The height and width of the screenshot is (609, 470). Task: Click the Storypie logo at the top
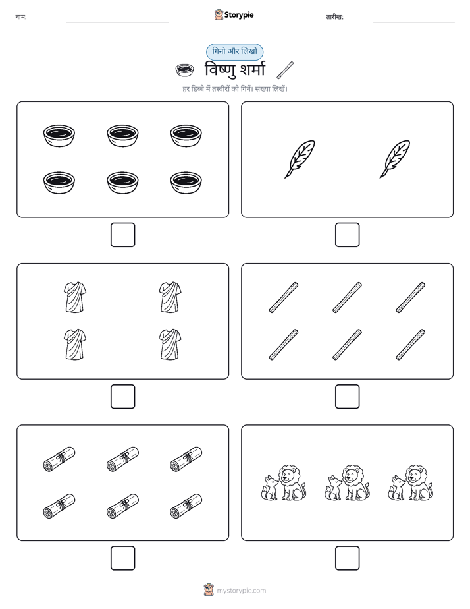pos(234,14)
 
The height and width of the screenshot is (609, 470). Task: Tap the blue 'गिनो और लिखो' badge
pos(234,51)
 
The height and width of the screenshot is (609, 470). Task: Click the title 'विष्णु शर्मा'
pos(235,70)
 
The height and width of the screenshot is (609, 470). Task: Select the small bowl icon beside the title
pos(184,70)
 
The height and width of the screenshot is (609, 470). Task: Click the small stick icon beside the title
pos(285,70)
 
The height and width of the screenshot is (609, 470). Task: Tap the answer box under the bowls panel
pos(123,235)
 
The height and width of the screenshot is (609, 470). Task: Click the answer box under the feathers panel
pos(347,235)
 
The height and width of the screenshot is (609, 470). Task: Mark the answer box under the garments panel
pos(123,397)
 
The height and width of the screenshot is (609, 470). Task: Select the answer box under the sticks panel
pos(347,397)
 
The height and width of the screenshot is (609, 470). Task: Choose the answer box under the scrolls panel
pos(123,558)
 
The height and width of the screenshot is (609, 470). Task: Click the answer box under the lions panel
pos(347,558)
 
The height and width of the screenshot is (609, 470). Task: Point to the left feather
pos(300,159)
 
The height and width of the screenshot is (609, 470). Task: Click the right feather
pos(395,159)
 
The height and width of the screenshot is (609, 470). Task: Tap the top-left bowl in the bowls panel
pos(59,136)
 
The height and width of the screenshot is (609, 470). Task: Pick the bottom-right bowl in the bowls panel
pos(186,183)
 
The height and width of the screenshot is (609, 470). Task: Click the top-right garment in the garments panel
pos(170,297)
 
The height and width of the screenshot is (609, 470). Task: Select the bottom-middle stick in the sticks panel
pos(347,345)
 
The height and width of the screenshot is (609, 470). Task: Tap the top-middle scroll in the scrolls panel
pos(123,459)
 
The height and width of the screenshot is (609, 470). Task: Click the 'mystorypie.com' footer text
pos(241,591)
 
